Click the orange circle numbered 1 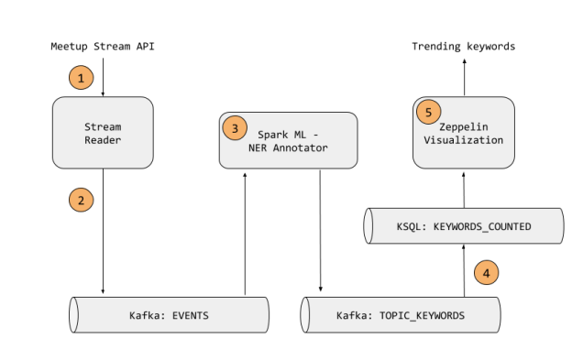[x=82, y=78]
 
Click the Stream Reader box [x=103, y=134]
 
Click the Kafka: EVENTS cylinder [x=170, y=315]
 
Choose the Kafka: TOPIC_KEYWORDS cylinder [x=401, y=315]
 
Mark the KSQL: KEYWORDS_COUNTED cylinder [x=462, y=224]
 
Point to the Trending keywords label [x=463, y=46]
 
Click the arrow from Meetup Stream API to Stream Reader [x=103, y=77]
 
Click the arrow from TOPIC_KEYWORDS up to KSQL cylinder [x=464, y=269]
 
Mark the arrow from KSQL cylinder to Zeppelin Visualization [x=464, y=189]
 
